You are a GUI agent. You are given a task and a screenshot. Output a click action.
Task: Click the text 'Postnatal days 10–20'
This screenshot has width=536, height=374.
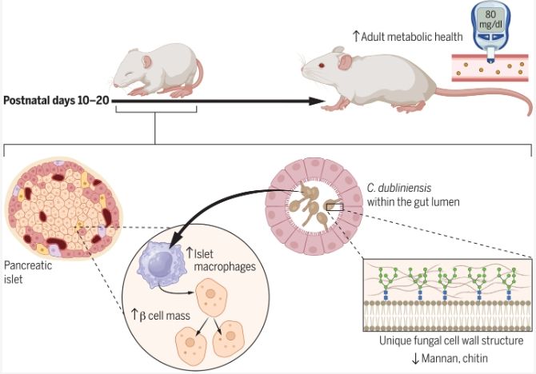[x=56, y=101]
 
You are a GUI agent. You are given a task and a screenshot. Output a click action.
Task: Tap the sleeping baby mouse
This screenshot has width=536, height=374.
[x=156, y=67]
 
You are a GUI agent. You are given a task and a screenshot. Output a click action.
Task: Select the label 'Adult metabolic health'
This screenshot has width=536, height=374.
[x=399, y=36]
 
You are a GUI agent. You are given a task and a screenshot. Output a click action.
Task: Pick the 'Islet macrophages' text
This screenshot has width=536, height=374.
[x=220, y=261]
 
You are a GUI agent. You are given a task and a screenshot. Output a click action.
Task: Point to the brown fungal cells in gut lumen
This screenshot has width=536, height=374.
[x=308, y=207]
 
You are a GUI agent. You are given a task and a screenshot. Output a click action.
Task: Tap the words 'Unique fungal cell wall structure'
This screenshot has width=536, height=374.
[x=451, y=340]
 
